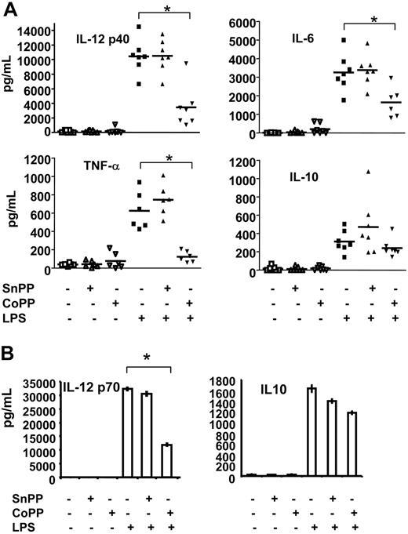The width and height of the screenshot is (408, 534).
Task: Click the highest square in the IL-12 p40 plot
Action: [x=138, y=27]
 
